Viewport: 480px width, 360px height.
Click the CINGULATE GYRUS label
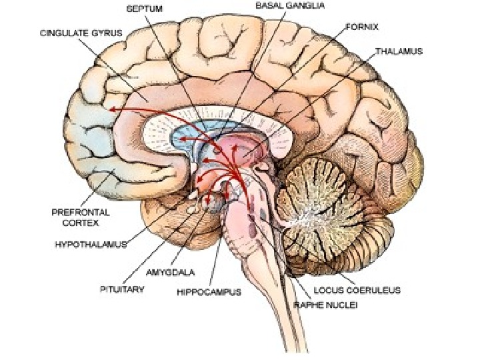[76, 32]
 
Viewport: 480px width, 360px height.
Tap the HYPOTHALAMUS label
[90, 245]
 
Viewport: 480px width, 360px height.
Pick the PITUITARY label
[123, 290]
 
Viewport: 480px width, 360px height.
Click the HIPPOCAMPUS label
[209, 291]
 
